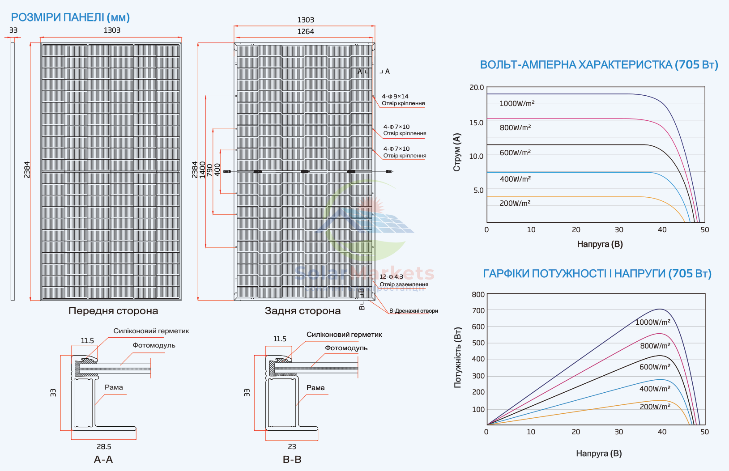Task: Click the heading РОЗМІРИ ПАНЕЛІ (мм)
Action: (70, 17)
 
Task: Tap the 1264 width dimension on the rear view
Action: (306, 32)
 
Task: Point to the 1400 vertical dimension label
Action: (202, 170)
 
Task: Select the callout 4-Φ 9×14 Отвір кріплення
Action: (403, 100)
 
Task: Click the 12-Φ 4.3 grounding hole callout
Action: (404, 280)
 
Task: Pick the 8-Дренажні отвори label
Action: (414, 311)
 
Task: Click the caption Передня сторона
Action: (113, 311)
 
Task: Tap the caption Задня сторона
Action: (303, 311)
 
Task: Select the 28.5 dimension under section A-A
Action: (104, 446)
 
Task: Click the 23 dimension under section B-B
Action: (292, 446)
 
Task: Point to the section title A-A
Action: (103, 460)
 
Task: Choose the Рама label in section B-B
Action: (315, 388)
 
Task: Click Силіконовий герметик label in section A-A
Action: (151, 331)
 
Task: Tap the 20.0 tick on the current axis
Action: (477, 88)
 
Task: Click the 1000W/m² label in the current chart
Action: (517, 103)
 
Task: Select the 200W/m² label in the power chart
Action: (655, 407)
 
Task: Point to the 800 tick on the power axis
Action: (478, 294)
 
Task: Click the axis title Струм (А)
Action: (457, 152)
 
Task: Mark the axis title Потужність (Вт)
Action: (457, 357)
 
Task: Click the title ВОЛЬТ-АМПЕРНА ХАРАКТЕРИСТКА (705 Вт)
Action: (599, 65)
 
